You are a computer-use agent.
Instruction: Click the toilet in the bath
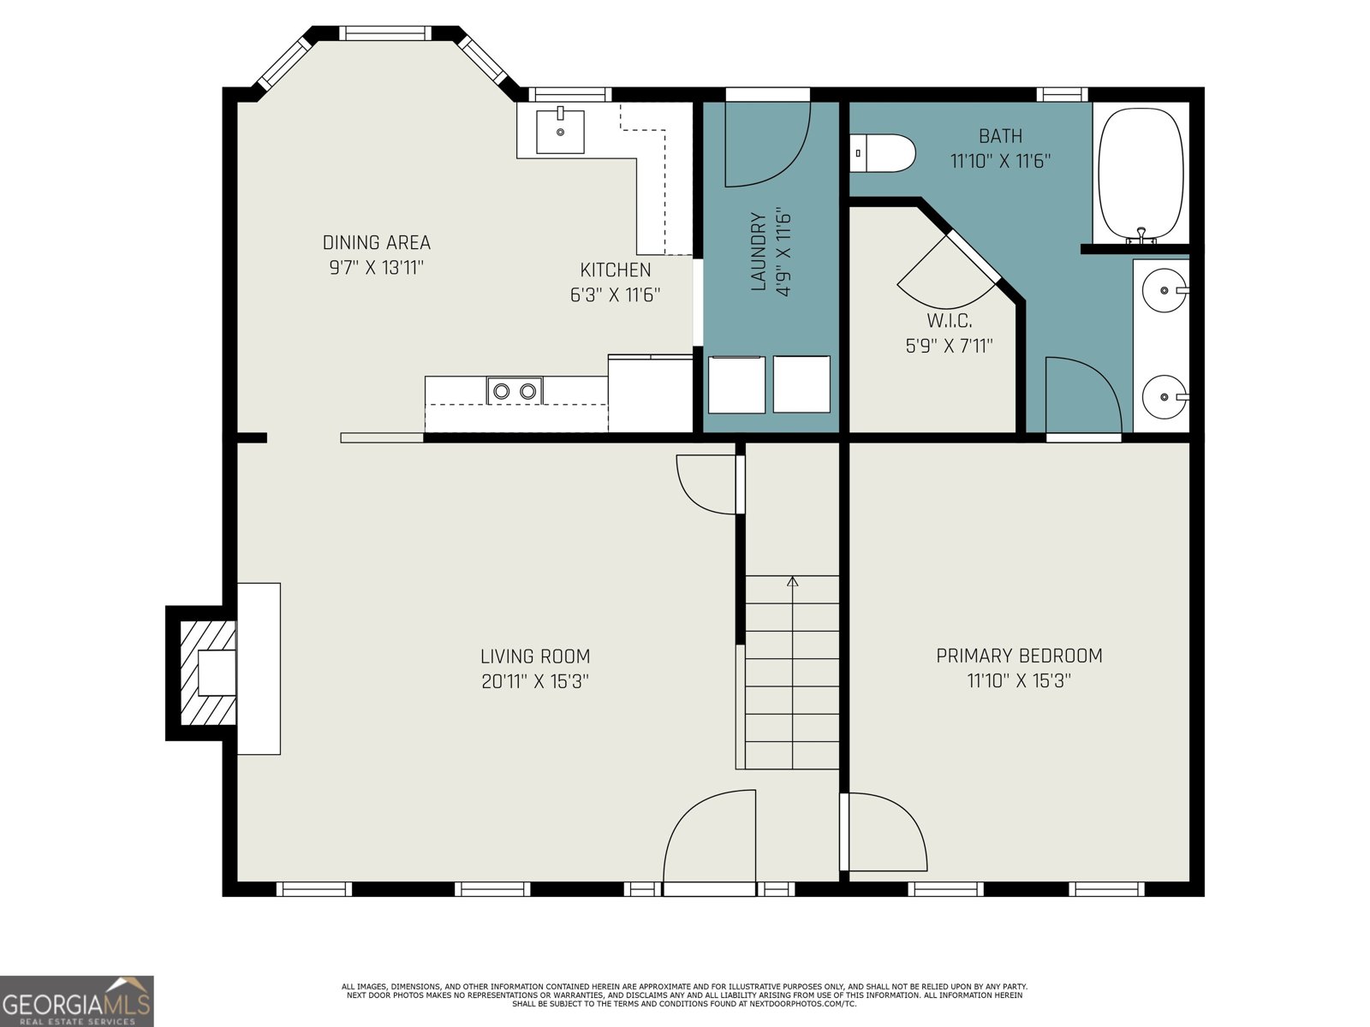pyautogui.click(x=881, y=153)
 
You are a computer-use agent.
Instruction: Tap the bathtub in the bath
pyautogui.click(x=1141, y=174)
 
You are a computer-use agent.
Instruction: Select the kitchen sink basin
pyautogui.click(x=560, y=132)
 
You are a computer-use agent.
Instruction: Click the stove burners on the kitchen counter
pyautogui.click(x=515, y=391)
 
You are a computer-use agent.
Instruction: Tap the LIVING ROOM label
pyautogui.click(x=535, y=656)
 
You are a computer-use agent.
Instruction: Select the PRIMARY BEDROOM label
pyautogui.click(x=1019, y=656)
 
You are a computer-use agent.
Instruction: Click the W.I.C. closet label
pyautogui.click(x=950, y=320)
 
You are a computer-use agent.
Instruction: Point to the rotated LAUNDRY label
pyautogui.click(x=759, y=252)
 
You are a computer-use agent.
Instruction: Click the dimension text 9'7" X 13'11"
pyautogui.click(x=377, y=268)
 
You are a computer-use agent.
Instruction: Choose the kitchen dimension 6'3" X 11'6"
pyautogui.click(x=616, y=294)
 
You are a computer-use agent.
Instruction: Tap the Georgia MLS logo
pyautogui.click(x=76, y=1000)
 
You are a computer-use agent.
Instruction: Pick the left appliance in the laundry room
pyautogui.click(x=736, y=384)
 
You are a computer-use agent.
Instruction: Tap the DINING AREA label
pyautogui.click(x=377, y=242)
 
